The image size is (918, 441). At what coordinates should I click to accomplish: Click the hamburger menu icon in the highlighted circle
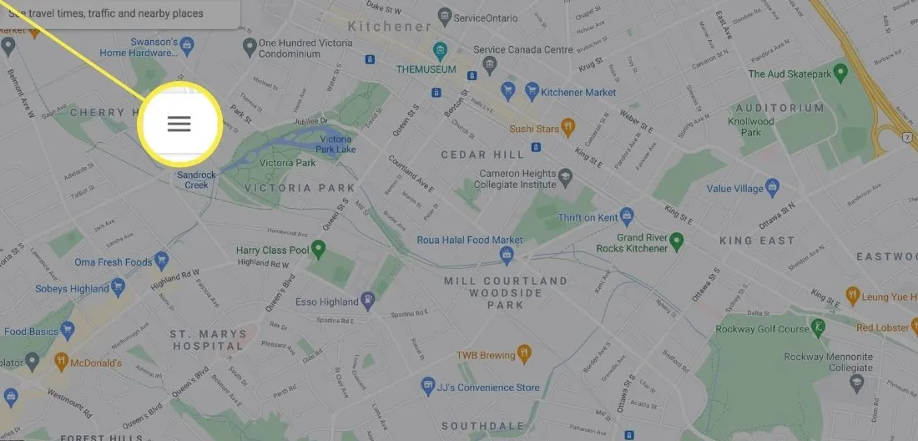point(179,124)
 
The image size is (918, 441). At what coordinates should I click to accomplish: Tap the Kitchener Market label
point(578,92)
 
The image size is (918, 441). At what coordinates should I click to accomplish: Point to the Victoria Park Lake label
point(335,144)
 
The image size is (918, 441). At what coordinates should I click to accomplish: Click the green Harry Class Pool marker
point(318,248)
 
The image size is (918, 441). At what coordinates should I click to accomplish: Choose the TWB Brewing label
point(485,355)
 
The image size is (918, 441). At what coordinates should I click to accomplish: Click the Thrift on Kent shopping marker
point(627,217)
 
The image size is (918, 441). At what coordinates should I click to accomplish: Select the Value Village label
point(734,189)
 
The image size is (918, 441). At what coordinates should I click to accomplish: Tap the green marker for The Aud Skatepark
point(841,73)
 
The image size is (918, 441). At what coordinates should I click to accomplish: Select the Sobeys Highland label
point(72,289)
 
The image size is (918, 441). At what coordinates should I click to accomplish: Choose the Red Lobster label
point(881,327)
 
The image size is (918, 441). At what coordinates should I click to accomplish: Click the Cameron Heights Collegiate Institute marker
point(567,176)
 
